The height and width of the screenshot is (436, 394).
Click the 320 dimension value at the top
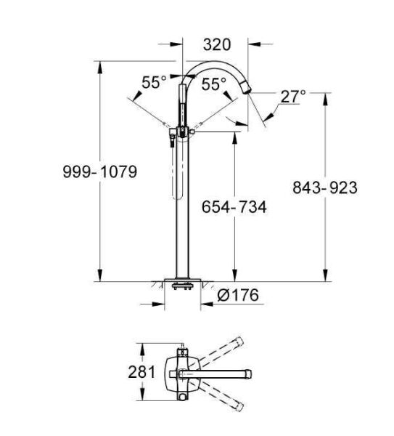pyautogui.click(x=216, y=45)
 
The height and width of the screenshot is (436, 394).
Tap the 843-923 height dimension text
pyautogui.click(x=324, y=187)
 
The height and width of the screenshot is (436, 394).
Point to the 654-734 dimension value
pyautogui.click(x=234, y=207)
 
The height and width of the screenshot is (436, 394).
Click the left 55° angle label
pyautogui.click(x=154, y=83)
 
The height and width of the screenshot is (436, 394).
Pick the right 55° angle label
pyautogui.click(x=214, y=84)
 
